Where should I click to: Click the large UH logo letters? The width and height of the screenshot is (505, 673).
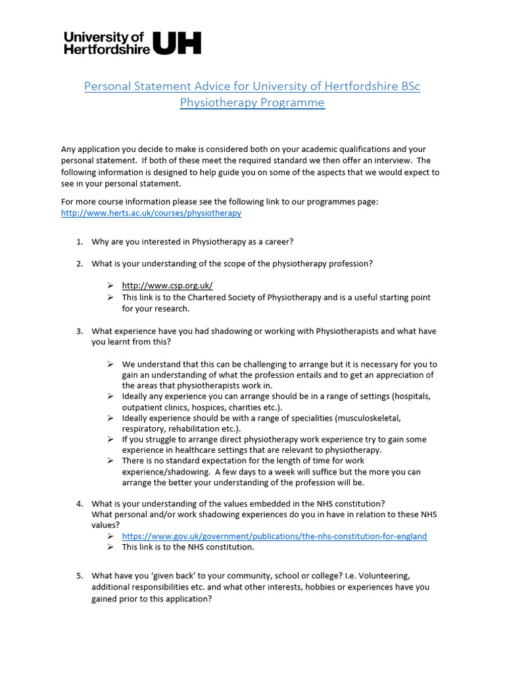pos(177,43)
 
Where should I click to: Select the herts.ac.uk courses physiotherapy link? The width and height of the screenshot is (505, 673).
pos(151,213)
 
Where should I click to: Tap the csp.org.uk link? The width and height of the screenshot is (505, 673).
pos(167,285)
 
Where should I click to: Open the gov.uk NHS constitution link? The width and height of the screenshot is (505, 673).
pos(274,536)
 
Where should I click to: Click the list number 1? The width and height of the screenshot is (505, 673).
pos(79,242)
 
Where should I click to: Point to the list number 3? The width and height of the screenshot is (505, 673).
pos(79,331)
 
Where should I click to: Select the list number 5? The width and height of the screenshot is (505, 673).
pos(79,576)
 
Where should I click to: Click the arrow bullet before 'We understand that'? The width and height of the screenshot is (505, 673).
pos(110,364)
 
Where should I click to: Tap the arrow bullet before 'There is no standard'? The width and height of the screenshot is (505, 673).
pos(110,461)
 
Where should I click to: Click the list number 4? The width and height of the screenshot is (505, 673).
pos(79,504)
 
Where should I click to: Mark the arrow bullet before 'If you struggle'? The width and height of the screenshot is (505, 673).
pos(110,439)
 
